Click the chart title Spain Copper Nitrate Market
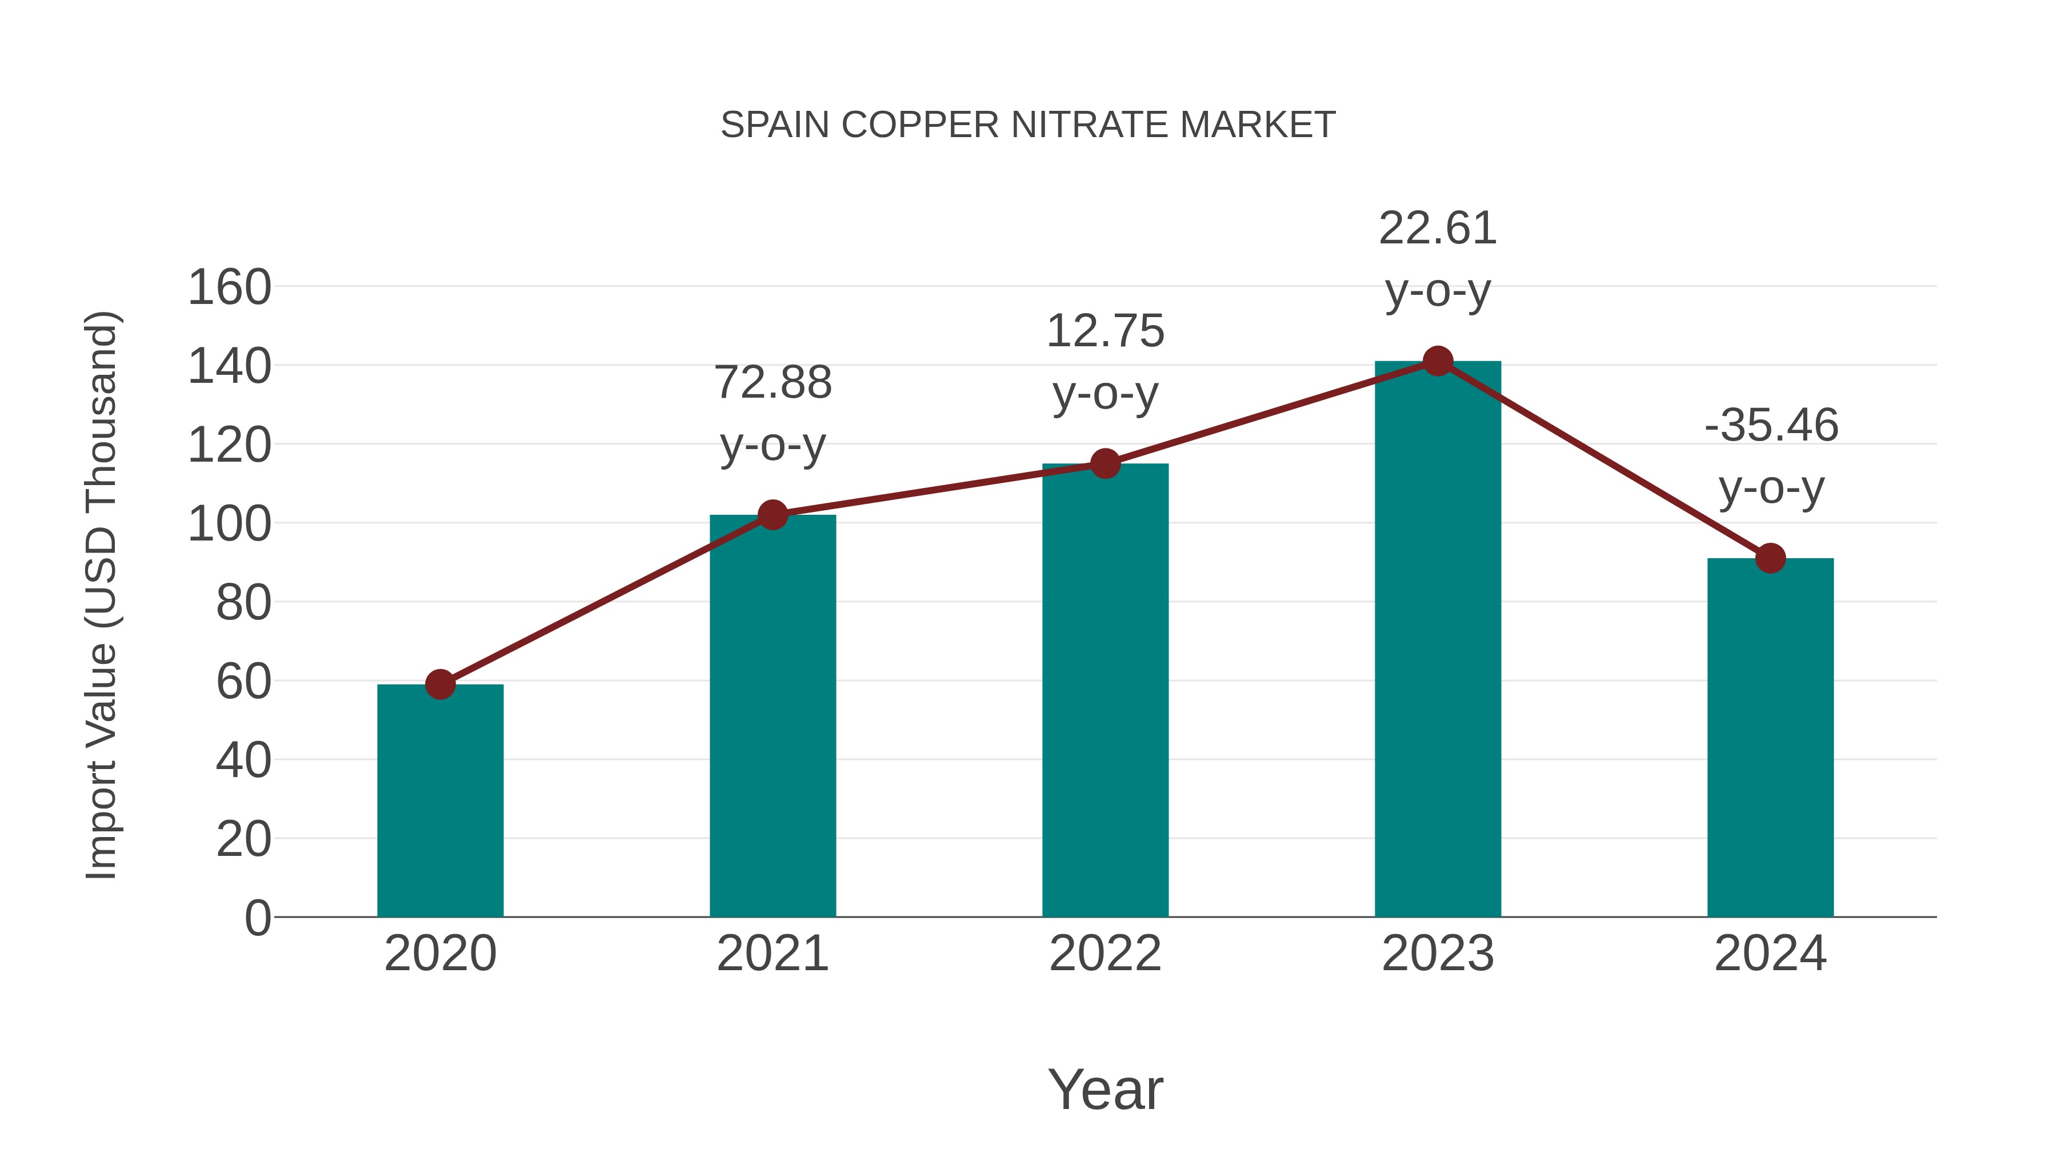[1028, 125]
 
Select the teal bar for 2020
[440, 801]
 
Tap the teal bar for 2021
[772, 716]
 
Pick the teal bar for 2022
[1105, 691]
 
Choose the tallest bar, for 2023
[1438, 639]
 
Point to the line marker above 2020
[440, 684]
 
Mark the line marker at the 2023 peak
[1438, 362]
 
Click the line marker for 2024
[1770, 558]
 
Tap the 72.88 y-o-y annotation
[772, 413]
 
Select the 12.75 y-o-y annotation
[1105, 362]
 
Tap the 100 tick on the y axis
[229, 525]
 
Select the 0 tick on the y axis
[257, 918]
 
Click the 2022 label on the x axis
[1105, 954]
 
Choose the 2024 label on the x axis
[1770, 954]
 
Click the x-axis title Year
[1105, 1089]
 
